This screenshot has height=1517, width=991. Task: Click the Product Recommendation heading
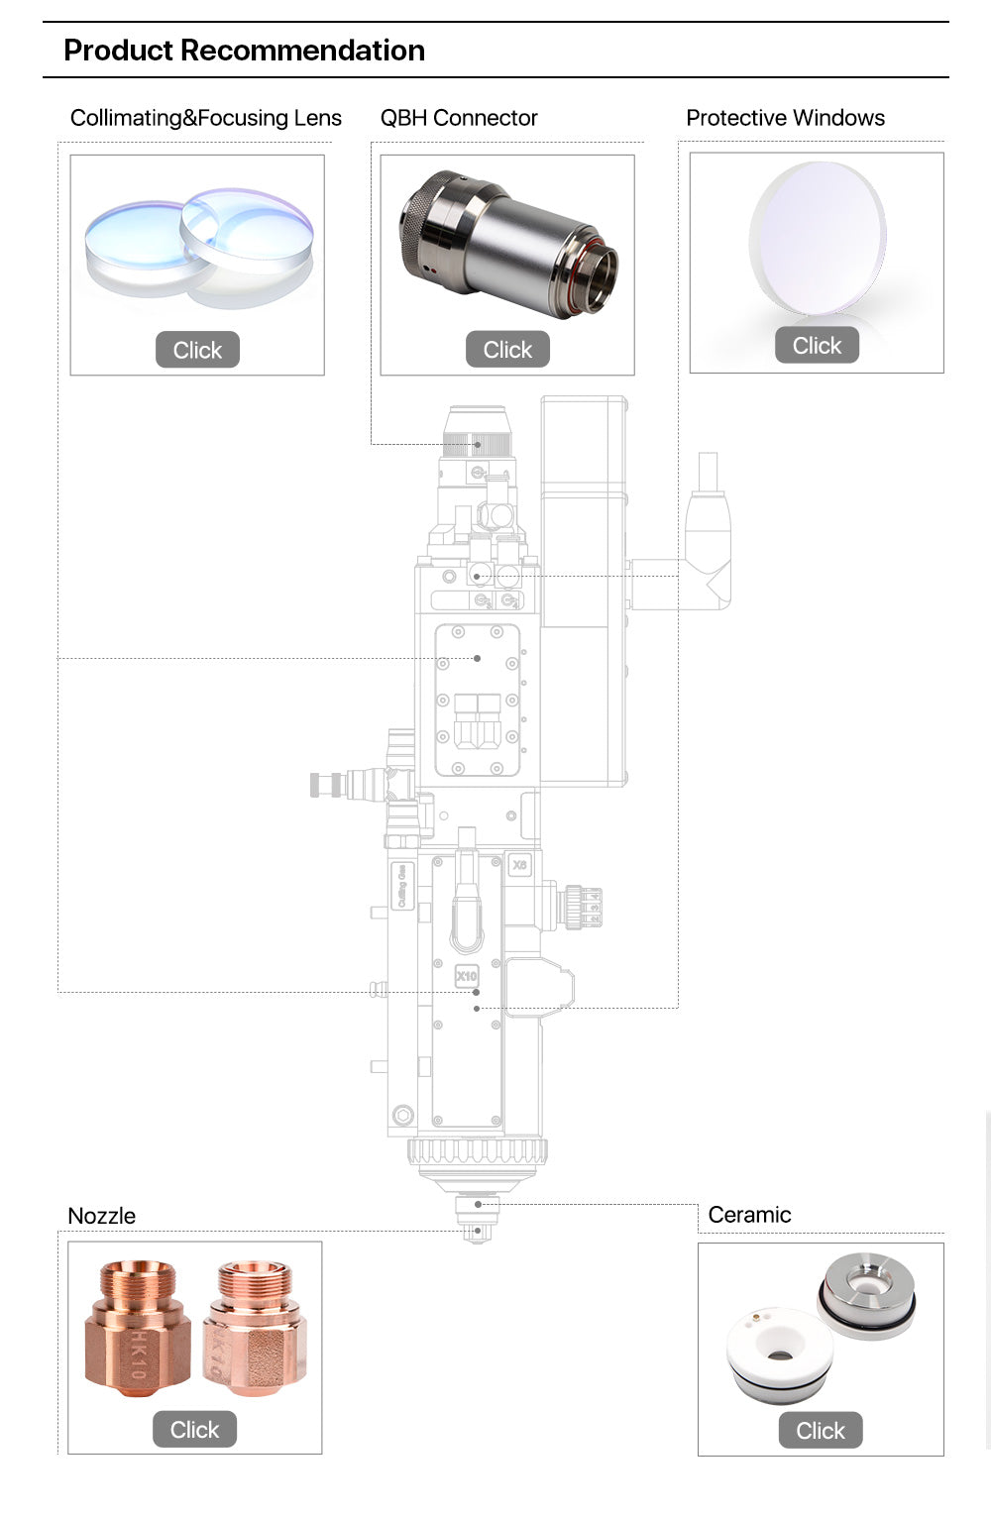(244, 51)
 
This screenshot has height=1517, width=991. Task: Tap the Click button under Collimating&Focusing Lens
(197, 350)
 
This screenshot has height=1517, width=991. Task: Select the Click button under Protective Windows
(817, 346)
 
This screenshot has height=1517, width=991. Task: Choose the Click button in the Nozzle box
(194, 1430)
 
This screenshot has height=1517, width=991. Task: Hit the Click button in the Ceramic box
(821, 1431)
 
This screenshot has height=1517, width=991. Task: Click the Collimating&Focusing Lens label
(205, 118)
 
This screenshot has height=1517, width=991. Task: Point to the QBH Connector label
(459, 118)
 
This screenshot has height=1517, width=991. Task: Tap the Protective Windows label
(785, 118)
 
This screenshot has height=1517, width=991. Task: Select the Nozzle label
(101, 1216)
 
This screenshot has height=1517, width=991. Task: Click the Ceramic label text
(749, 1215)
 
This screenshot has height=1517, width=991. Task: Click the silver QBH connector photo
(507, 245)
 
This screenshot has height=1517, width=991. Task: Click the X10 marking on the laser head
(466, 976)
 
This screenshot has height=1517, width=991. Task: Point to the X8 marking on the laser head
(519, 865)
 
